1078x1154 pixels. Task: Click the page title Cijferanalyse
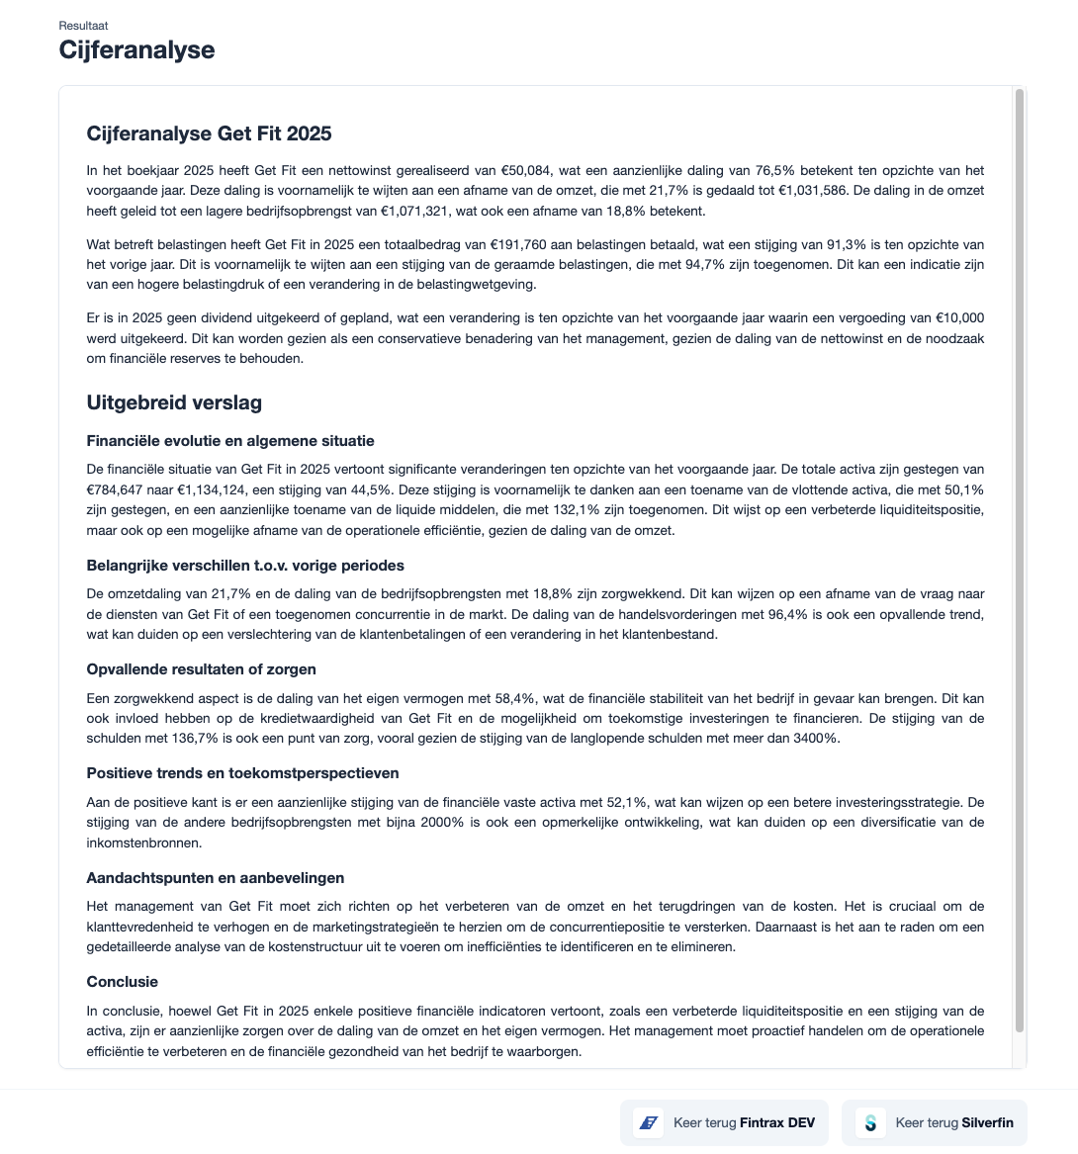[x=136, y=49]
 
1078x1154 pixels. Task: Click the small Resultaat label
[x=83, y=25]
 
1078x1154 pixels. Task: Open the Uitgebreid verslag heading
[x=174, y=402]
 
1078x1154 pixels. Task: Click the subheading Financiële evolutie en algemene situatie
[x=230, y=441]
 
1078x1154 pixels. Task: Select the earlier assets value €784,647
[x=121, y=489]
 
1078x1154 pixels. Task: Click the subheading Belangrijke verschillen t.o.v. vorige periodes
[x=245, y=566]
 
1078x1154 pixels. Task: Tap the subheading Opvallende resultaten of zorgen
[x=200, y=669]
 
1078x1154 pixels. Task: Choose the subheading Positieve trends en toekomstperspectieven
[x=242, y=773]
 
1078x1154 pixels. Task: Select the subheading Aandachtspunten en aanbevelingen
[x=215, y=878]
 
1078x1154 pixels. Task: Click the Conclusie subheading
[x=123, y=982]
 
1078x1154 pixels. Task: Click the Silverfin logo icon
[x=870, y=1122]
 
